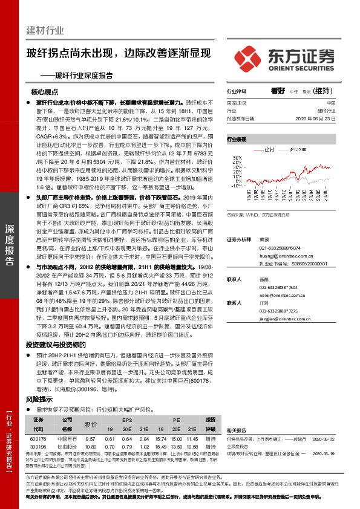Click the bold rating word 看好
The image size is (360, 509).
[278, 91]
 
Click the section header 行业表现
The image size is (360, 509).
[237, 139]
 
